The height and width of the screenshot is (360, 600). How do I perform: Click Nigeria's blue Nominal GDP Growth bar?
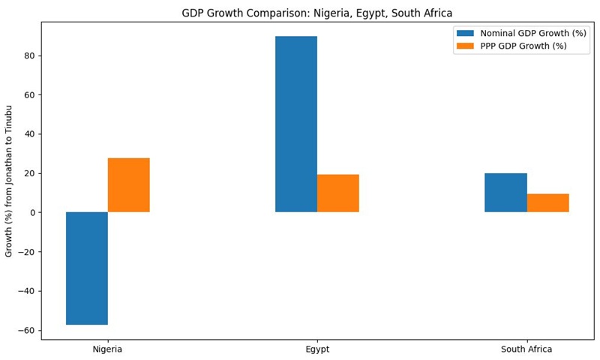[x=87, y=268]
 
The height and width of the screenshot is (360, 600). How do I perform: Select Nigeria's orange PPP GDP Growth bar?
[x=128, y=185]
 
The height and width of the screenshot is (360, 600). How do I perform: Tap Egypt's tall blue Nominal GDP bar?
[x=296, y=124]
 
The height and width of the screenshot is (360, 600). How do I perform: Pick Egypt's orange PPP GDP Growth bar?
[x=337, y=193]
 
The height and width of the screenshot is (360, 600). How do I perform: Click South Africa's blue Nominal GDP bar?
[x=505, y=193]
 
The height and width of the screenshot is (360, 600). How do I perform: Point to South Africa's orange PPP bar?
[x=547, y=203]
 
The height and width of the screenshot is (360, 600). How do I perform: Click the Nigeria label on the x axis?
[x=107, y=349]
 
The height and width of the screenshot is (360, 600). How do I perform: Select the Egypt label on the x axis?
[x=317, y=349]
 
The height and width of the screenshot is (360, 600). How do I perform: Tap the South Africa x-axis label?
[x=526, y=349]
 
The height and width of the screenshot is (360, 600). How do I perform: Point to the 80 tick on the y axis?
[x=30, y=56]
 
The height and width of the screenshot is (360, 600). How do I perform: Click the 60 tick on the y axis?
[x=30, y=95]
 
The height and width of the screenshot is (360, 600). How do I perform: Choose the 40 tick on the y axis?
[x=30, y=134]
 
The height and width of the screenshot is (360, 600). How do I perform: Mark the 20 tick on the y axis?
[x=30, y=173]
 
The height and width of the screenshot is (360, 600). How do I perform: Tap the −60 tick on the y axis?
[x=27, y=331]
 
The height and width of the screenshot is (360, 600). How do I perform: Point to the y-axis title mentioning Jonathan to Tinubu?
[x=10, y=181]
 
